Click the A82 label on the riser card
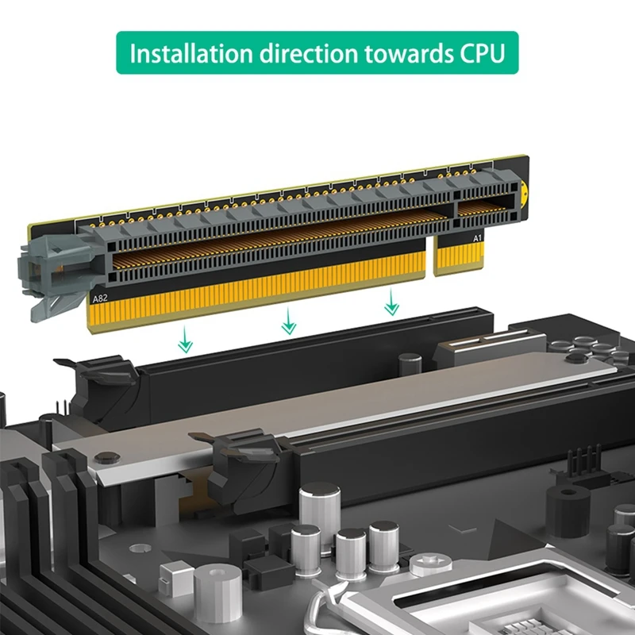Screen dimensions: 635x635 point(100,299)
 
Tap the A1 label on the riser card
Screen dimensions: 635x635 point(478,237)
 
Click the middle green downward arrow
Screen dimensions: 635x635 point(289,321)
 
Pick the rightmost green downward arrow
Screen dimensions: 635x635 point(390,302)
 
